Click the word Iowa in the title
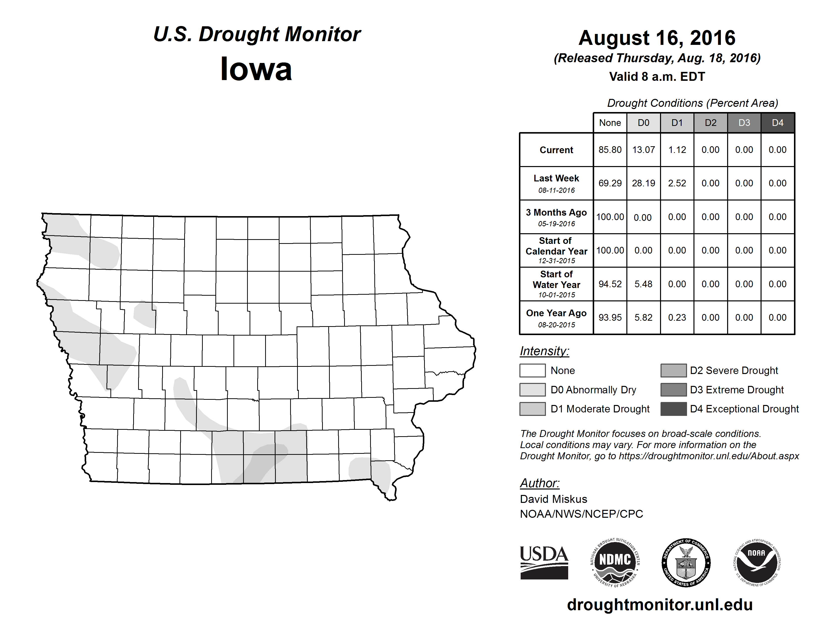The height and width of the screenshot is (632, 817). [x=256, y=69]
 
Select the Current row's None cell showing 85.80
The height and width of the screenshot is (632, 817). [x=610, y=150]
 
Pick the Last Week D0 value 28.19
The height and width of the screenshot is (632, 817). [x=643, y=183]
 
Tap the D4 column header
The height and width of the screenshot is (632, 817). [x=777, y=123]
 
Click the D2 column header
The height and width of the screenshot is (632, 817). [x=710, y=123]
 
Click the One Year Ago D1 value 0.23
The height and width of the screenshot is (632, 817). [x=677, y=317]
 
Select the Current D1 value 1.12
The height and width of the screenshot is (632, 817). [x=677, y=150]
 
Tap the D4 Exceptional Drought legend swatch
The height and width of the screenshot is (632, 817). [x=673, y=409]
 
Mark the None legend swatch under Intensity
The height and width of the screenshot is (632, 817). [x=532, y=370]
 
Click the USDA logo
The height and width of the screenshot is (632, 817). [x=544, y=562]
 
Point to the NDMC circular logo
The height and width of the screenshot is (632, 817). [x=615, y=562]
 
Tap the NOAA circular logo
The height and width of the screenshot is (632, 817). [x=757, y=562]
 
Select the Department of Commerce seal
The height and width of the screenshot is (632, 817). [x=686, y=562]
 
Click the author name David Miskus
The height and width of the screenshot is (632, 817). [x=553, y=499]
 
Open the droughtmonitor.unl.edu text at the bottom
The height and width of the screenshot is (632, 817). [x=660, y=605]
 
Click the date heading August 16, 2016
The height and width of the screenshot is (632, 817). [x=657, y=38]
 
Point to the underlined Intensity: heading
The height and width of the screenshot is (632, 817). [x=544, y=351]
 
